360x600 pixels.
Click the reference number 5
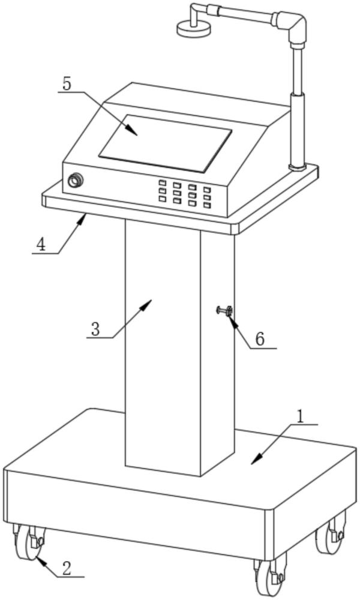click(x=67, y=83)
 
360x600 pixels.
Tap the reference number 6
click(x=260, y=338)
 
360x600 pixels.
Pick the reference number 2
click(x=67, y=568)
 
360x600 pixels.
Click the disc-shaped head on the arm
click(x=191, y=28)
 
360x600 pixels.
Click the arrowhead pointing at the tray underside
click(x=84, y=219)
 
